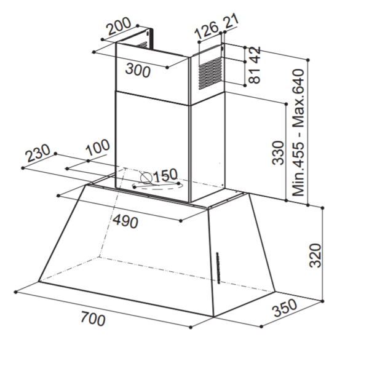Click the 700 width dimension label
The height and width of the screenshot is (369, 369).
pos(93,319)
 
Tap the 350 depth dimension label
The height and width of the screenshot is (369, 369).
pos(285,307)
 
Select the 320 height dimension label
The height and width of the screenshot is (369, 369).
pos(315,256)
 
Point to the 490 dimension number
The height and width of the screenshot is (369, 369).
pos(125,221)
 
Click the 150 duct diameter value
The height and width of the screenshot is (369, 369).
pos(165,175)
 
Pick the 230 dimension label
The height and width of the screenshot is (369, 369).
pos(38,153)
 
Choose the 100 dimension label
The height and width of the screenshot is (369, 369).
pos(98,148)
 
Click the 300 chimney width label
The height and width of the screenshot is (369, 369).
pos(138,70)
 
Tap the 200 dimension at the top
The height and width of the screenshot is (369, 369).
pos(119,26)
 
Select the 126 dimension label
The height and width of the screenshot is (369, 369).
pos(207,30)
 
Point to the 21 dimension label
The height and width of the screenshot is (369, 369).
pos(231,21)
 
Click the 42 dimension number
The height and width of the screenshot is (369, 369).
pos(255,54)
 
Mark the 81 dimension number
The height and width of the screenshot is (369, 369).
pos(255,74)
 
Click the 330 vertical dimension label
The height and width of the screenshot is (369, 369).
pos(279,153)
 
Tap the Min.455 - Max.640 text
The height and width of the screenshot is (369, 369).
pos(298,132)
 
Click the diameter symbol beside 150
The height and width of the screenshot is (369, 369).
pos(146,178)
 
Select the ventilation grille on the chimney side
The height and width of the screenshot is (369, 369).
pos(210,73)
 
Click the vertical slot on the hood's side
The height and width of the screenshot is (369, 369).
pos(218,268)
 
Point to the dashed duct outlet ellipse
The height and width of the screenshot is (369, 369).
pos(157,186)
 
